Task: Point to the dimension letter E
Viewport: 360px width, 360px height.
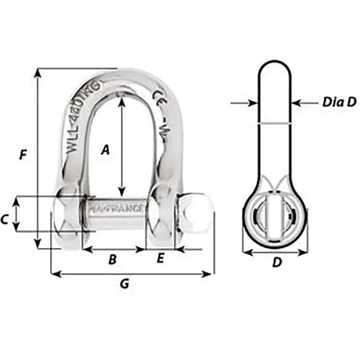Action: (x=161, y=259)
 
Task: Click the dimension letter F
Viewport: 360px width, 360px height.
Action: (x=23, y=155)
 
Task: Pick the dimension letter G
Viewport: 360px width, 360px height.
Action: (x=124, y=285)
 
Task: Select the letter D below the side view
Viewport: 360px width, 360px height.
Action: (x=275, y=264)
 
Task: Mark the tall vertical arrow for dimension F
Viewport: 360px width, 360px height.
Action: (x=38, y=157)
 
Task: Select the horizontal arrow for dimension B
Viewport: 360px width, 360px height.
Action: (x=114, y=250)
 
